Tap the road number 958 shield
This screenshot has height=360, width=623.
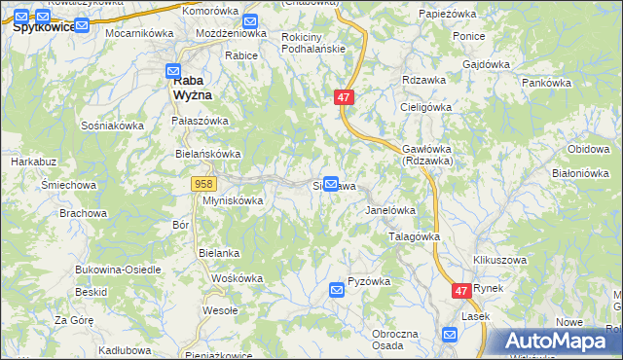pyautogui.click(x=203, y=183)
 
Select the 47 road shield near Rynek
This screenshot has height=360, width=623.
pyautogui.click(x=462, y=291)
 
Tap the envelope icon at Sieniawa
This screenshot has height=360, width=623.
pyautogui.click(x=331, y=184)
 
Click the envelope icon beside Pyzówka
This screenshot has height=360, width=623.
pyautogui.click(x=337, y=289)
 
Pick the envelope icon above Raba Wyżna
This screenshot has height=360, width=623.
pyautogui.click(x=173, y=70)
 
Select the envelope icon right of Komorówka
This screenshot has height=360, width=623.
pyautogui.click(x=250, y=20)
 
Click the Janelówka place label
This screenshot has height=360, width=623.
pyautogui.click(x=390, y=209)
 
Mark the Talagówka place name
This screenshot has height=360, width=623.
pyautogui.click(x=415, y=236)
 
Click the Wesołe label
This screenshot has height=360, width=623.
pyautogui.click(x=220, y=311)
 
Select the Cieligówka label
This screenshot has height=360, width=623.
pyautogui.click(x=430, y=107)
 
